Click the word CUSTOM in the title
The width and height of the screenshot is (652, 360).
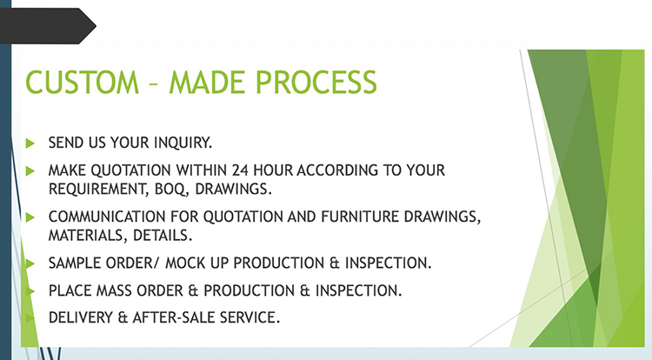83,82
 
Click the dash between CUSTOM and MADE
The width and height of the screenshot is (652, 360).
154,83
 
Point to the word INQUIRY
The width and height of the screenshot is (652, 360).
183,143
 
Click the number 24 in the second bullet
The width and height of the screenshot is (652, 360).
240,170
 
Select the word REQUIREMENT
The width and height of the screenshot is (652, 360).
98,190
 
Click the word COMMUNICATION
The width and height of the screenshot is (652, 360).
107,217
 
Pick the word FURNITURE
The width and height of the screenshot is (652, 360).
360,217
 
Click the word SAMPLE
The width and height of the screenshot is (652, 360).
75,263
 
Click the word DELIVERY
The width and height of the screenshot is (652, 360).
81,317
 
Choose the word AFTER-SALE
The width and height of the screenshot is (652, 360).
173,317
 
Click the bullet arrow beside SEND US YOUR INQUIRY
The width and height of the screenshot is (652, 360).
30,143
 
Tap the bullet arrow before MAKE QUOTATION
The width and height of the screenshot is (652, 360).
30,170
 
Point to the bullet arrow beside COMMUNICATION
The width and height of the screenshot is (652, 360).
30,217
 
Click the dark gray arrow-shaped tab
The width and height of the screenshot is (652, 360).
47,26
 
